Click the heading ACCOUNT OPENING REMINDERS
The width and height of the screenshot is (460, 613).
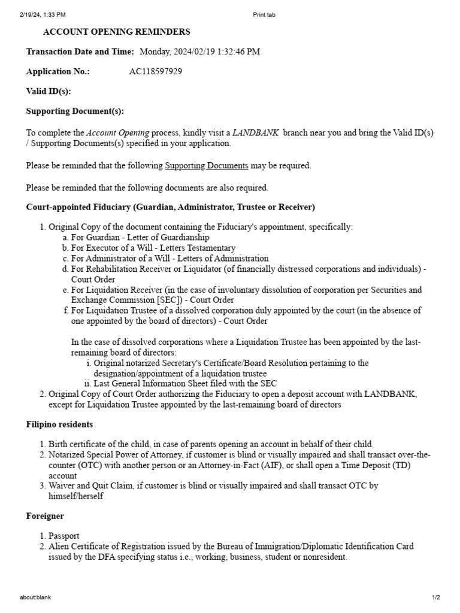117,32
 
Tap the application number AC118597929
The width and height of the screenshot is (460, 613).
156,71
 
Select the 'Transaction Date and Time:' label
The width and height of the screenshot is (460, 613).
80,51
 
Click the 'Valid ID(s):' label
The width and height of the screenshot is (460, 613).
49,91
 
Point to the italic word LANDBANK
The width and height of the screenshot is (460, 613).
255,132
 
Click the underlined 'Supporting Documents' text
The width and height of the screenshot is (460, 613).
206,166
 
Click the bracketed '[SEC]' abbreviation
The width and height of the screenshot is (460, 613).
157,300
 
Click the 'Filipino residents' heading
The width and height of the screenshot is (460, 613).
59,424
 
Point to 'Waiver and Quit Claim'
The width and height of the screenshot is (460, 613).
90,486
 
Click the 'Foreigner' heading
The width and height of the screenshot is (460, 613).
45,515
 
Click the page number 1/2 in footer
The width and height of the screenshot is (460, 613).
435,597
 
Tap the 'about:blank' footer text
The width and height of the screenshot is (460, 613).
35,597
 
